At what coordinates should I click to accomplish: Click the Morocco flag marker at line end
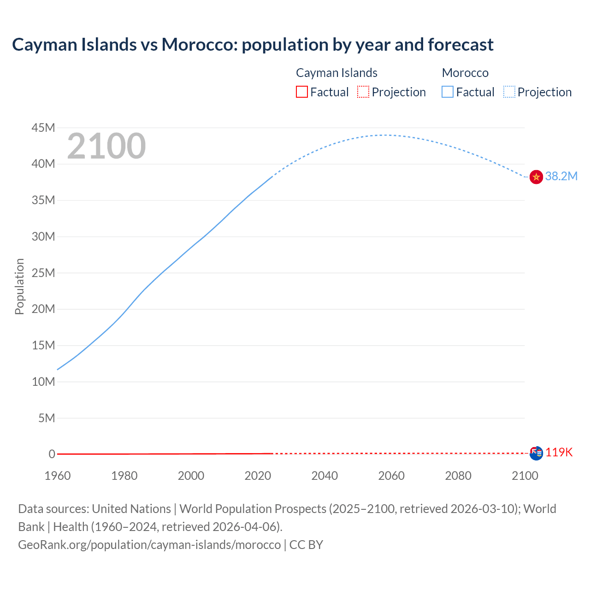point(536,177)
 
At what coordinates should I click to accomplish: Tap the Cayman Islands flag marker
point(536,453)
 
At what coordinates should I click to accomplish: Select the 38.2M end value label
point(561,177)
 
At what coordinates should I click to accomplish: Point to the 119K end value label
point(559,453)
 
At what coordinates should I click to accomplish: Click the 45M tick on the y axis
point(43,128)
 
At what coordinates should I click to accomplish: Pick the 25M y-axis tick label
point(43,273)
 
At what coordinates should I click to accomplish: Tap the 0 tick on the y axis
point(52,454)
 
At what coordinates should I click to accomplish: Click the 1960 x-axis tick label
point(58,476)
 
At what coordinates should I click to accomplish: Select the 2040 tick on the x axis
point(324,476)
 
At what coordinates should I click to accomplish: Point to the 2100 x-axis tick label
point(525,476)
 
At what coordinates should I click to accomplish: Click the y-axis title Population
point(19,286)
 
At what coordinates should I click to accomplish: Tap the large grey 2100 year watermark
point(106,147)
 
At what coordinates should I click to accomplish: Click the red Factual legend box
point(302,92)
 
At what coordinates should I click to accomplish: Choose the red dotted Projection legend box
point(363,92)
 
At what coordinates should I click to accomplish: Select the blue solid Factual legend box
point(448,92)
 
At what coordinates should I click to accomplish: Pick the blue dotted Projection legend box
point(509,92)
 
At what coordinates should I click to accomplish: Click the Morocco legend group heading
point(465,73)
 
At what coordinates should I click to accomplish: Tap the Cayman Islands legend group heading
point(336,73)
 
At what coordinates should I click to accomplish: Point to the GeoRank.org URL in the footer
point(149,545)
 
